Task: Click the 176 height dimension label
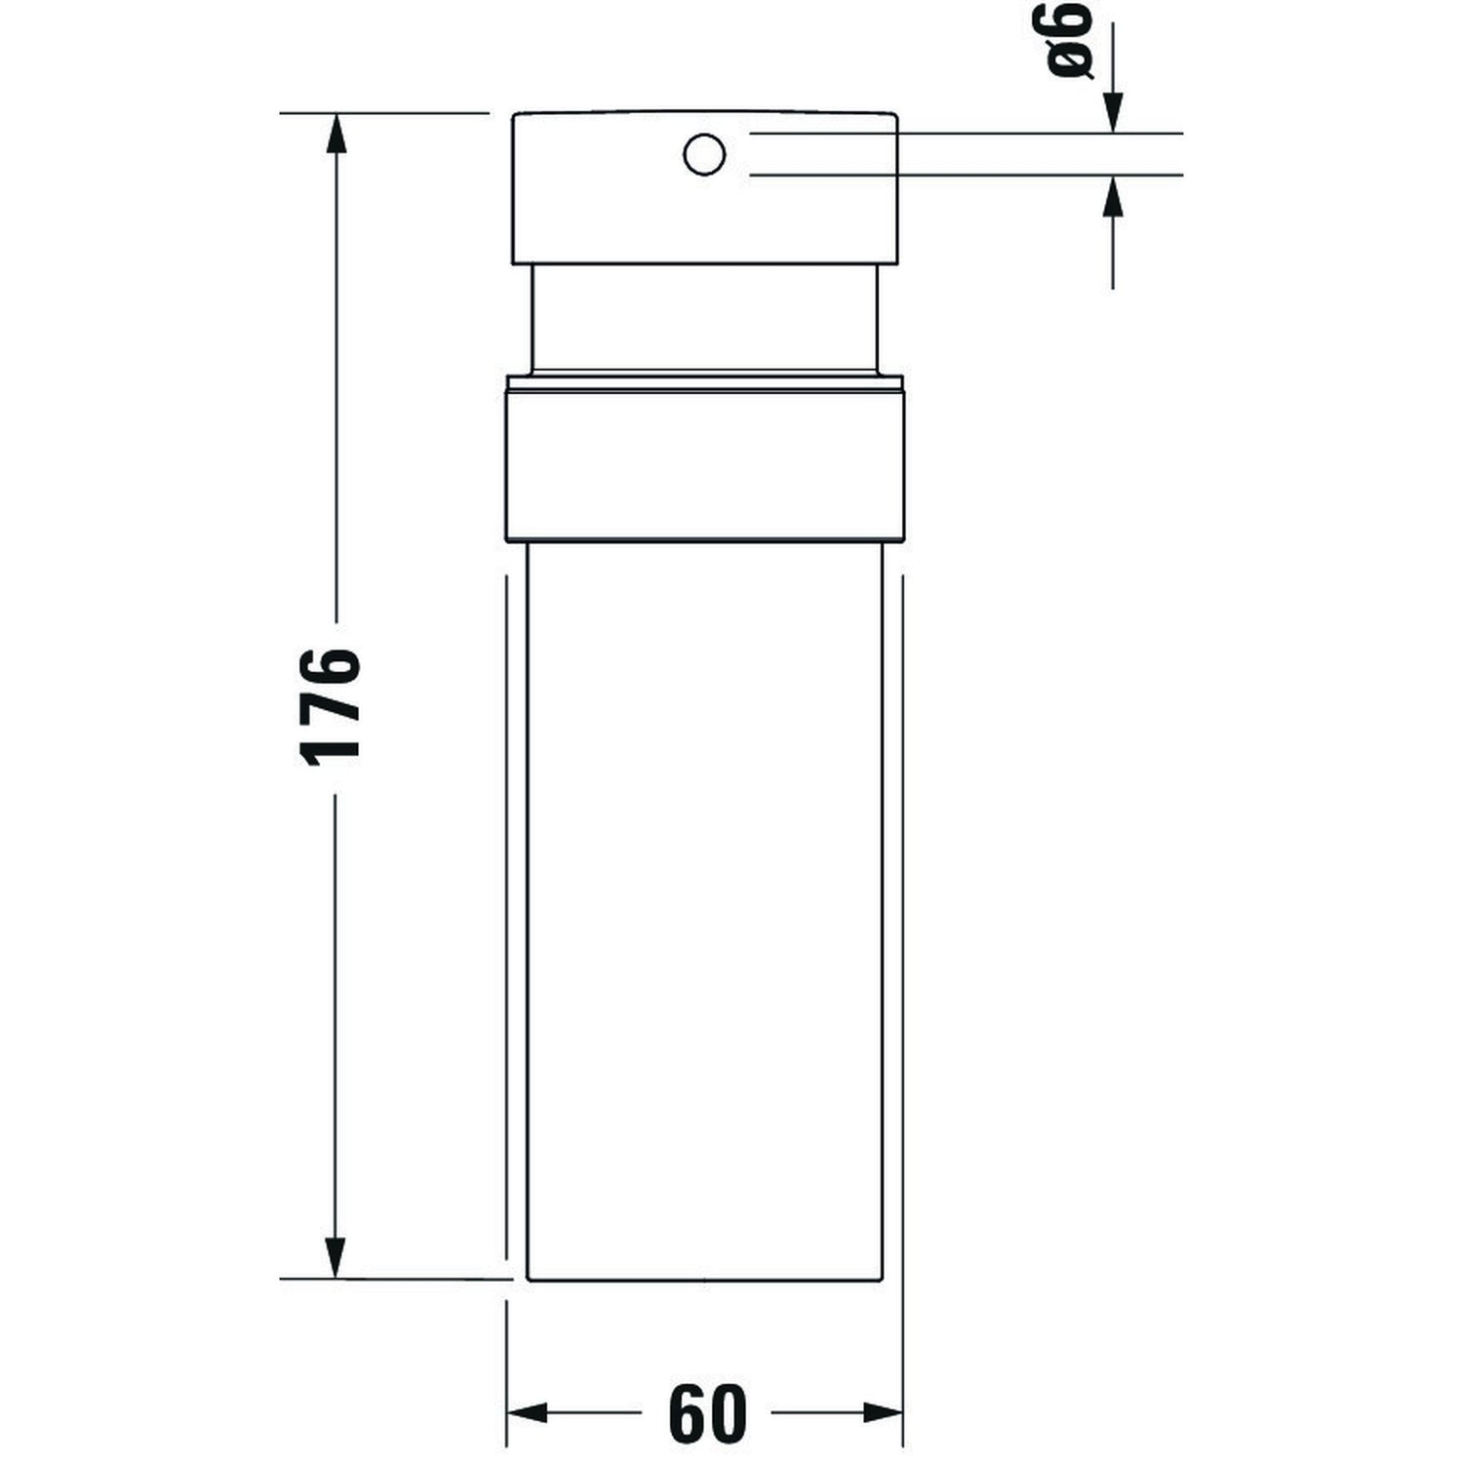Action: [332, 705]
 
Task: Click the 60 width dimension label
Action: [708, 1413]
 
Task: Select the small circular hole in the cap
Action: [704, 155]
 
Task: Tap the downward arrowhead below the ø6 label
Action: [1113, 112]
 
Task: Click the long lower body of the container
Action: [704, 907]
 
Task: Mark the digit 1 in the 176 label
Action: [332, 749]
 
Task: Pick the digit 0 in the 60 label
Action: [728, 1413]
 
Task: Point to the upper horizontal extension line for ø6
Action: [966, 133]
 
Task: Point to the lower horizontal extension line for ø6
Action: [966, 176]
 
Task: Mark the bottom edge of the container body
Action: [704, 1281]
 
